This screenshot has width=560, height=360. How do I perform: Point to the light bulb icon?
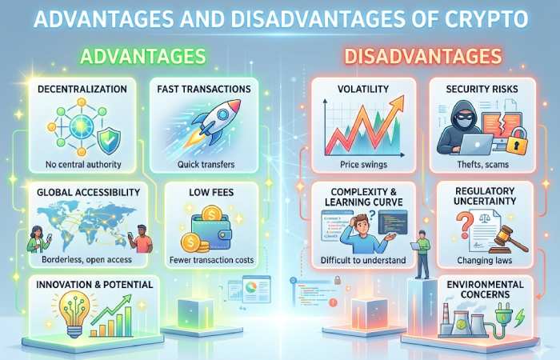coord(65,313)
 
